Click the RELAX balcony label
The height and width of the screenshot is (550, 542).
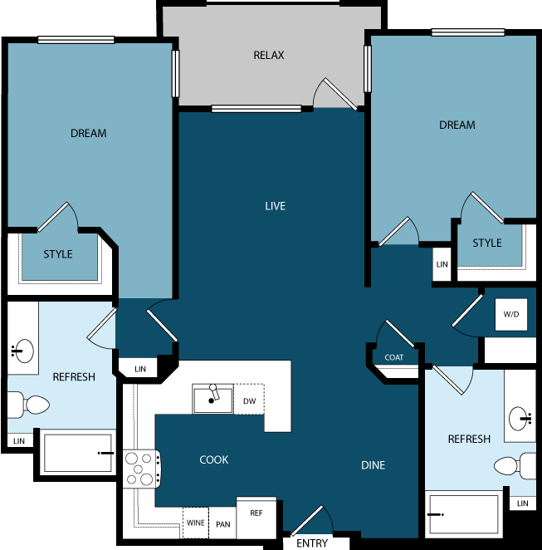click(x=268, y=56)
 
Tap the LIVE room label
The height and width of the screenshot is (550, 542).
click(x=275, y=206)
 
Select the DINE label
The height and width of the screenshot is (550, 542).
click(x=373, y=465)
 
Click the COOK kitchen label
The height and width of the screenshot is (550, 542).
click(x=213, y=459)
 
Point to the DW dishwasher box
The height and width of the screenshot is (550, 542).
click(x=249, y=401)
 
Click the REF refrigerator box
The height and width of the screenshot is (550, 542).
click(x=256, y=513)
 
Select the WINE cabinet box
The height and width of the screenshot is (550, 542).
click(x=195, y=523)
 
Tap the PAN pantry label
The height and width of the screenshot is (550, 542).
click(x=223, y=524)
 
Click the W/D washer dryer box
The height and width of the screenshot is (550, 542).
click(x=511, y=315)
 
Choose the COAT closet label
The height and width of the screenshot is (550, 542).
click(x=394, y=357)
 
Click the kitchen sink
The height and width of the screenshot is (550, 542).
click(x=212, y=399)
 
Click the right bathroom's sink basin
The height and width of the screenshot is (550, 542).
click(x=521, y=415)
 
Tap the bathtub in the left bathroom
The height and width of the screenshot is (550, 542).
click(x=78, y=453)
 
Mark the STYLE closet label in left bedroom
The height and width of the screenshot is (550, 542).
click(x=58, y=254)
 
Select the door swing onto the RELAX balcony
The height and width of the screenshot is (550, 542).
click(x=336, y=94)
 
